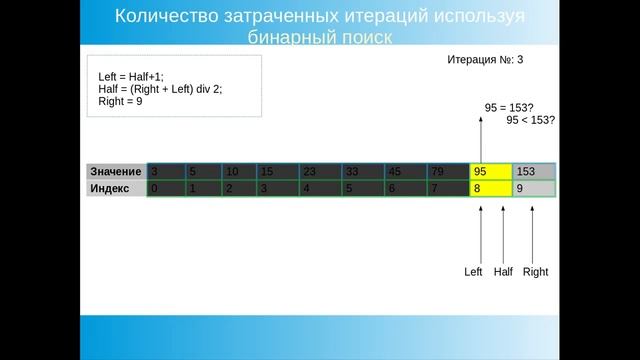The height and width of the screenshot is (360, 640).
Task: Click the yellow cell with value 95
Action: [x=490, y=171]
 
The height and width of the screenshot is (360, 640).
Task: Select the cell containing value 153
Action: [x=533, y=171]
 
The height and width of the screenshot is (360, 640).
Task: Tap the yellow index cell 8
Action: [x=490, y=188]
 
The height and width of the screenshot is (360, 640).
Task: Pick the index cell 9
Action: [x=533, y=188]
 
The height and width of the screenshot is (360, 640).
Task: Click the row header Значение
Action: [x=115, y=171]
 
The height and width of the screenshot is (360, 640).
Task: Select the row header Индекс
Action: [x=110, y=188]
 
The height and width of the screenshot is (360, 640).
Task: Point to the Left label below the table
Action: [x=473, y=272]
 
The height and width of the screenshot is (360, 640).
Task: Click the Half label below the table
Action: [x=503, y=272]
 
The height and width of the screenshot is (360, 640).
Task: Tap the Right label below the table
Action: [x=535, y=272]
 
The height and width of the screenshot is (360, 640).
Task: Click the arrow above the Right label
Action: [x=532, y=232]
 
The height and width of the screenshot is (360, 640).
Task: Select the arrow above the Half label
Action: [x=503, y=232]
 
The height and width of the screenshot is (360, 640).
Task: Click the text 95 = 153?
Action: [x=510, y=106]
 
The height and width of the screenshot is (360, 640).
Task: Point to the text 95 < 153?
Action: [x=531, y=120]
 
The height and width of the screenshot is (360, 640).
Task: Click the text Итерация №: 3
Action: [x=485, y=60]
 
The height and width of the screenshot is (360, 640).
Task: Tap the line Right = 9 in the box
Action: [x=120, y=101]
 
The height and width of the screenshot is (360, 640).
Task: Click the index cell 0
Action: [x=165, y=188]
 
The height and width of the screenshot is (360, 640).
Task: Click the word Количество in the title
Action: [x=170, y=17]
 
